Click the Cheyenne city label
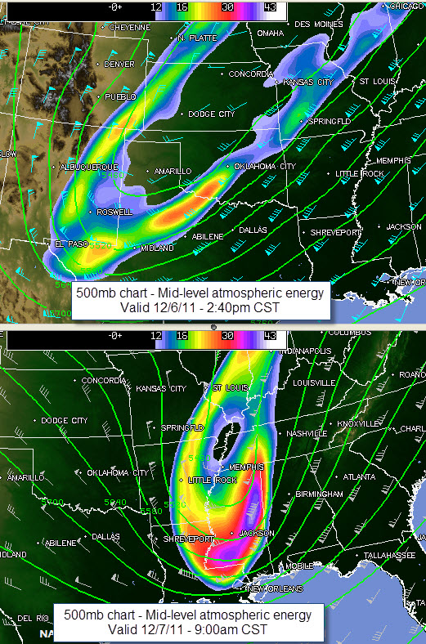click(129, 27)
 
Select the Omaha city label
click(270, 34)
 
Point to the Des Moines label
click(315, 25)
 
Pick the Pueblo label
click(120, 96)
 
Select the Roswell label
click(114, 212)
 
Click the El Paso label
click(70, 244)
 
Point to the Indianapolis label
click(305, 351)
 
